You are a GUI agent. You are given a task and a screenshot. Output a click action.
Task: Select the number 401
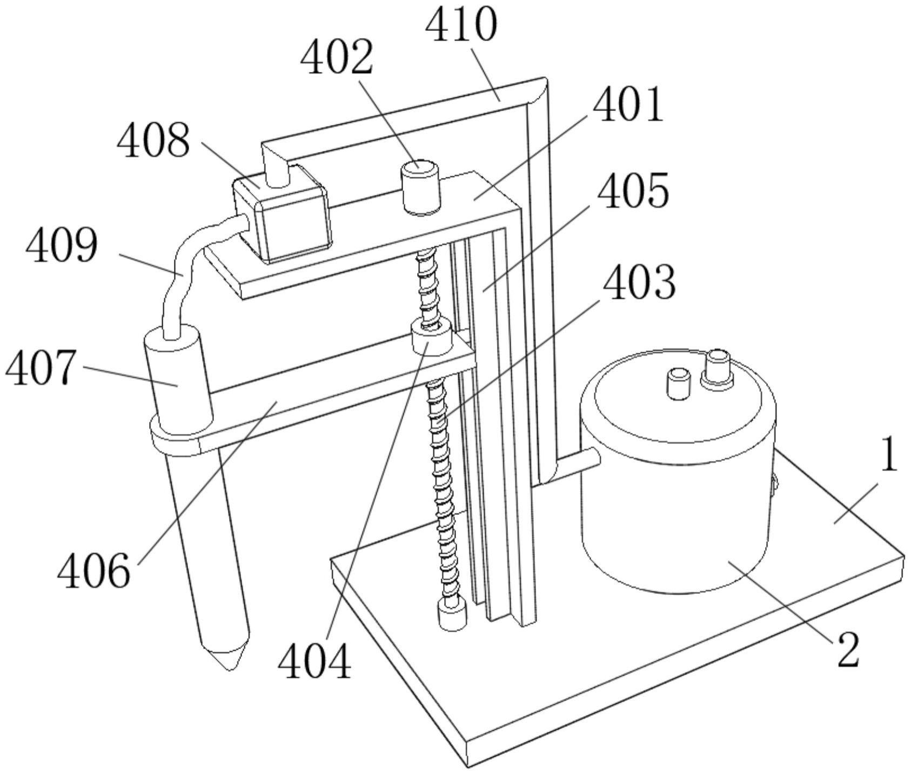pyautogui.click(x=628, y=104)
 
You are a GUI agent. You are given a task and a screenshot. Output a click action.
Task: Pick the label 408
pyautogui.click(x=153, y=140)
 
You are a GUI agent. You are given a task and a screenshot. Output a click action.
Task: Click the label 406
pyautogui.click(x=94, y=571)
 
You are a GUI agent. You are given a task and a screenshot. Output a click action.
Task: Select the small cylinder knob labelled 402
pyautogui.click(x=420, y=187)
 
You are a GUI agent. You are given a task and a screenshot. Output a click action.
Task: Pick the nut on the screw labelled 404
pyautogui.click(x=432, y=338)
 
